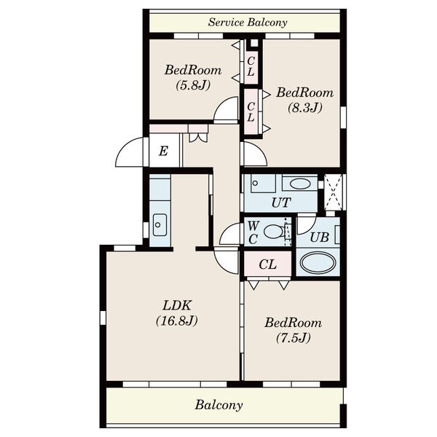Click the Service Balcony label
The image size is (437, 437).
(248, 23)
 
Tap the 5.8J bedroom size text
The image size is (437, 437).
(193, 85)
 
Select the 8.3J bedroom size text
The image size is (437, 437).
(305, 108)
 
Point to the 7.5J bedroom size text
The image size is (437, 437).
(294, 338)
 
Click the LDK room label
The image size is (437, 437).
(177, 305)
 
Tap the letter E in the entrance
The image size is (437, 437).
(163, 151)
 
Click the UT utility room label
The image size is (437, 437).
(281, 202)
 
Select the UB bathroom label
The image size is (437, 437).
(320, 237)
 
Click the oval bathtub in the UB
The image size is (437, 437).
(318, 262)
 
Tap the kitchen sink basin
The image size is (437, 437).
(160, 225)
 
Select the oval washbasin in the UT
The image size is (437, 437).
(300, 184)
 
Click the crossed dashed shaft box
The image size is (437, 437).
(334, 192)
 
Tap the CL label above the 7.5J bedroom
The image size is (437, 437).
(267, 264)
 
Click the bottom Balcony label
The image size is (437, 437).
(219, 405)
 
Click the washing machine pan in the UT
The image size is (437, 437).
(263, 184)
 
